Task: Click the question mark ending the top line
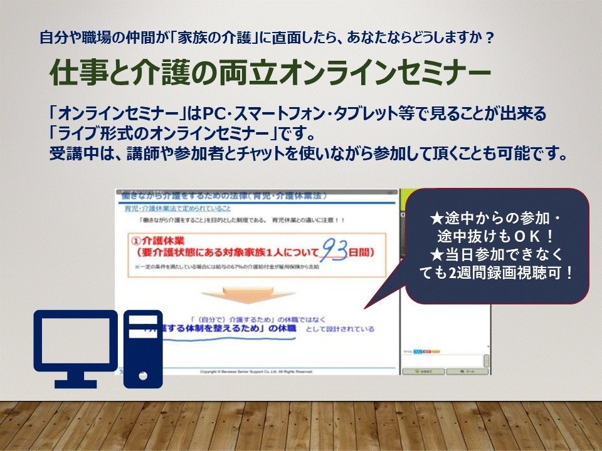point(488,38)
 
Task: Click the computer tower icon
point(143,348)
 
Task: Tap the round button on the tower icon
point(143,376)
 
